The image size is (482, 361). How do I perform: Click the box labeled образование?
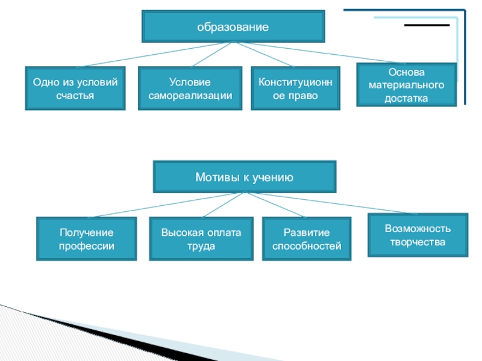coord(233,26)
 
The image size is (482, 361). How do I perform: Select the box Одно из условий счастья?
coord(75,88)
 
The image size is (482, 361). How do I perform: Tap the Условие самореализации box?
coord(190,88)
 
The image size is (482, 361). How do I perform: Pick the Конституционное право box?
coord(295,88)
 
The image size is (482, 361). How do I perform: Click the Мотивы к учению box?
coord(244,177)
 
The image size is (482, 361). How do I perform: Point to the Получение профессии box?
coord(86,239)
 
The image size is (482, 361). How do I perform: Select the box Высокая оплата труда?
coord(201,239)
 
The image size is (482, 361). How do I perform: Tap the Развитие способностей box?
coord(307,239)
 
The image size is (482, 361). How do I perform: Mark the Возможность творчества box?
coord(418,235)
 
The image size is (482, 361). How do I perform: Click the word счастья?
coord(75,96)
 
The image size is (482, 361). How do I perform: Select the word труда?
coord(201,246)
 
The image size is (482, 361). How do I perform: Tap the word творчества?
coord(418,242)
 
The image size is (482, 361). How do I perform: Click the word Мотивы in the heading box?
coord(212,177)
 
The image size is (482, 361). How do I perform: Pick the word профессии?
coord(86,246)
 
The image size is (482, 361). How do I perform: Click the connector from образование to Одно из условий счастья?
coord(157,54)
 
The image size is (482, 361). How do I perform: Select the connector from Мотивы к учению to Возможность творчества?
coord(331,203)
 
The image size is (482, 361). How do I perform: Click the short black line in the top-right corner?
coord(427,25)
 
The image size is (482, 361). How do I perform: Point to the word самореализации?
coord(190,96)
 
